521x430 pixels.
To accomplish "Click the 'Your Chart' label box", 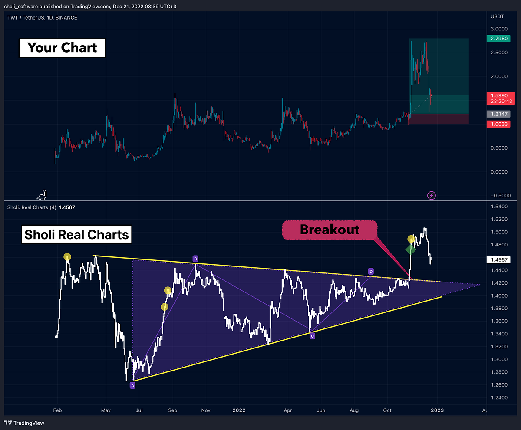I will tap(62, 47).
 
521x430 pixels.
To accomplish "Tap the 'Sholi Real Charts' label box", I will tap(76, 234).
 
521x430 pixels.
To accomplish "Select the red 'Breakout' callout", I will tap(330, 229).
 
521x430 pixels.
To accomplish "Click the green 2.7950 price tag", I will tap(499, 39).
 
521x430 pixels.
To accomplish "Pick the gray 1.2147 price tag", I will tap(499, 114).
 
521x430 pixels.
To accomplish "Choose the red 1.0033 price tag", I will tap(499, 124).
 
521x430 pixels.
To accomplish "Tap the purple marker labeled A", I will tap(133, 385).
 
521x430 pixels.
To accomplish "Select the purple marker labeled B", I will tap(196, 259).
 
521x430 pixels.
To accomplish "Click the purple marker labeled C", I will tap(312, 336).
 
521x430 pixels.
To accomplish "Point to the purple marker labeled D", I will tap(371, 271).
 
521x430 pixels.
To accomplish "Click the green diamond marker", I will tap(411, 249).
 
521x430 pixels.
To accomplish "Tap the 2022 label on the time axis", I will tap(239, 410).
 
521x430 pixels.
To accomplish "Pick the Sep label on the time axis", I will tap(173, 410).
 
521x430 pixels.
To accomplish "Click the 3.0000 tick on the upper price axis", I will tap(498, 29).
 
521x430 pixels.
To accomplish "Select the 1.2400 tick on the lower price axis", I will tap(498, 397).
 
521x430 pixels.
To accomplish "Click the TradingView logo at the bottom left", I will tap(25, 423).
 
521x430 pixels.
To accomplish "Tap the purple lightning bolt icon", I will tap(432, 195).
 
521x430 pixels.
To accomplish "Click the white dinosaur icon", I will tap(42, 196).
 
